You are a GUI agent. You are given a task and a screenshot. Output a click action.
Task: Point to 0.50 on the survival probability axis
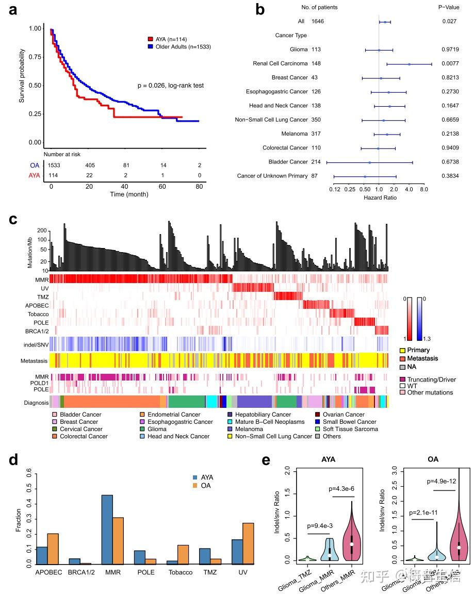34,86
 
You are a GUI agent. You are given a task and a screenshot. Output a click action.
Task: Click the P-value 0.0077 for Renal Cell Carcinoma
449,64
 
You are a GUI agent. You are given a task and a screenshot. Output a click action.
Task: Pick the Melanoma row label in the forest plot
294,134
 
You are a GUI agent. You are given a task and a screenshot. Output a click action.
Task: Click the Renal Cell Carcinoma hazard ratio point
409,64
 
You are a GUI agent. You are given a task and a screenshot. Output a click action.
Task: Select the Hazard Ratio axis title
380,197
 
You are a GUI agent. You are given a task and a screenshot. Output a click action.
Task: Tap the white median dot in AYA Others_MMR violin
352,544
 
